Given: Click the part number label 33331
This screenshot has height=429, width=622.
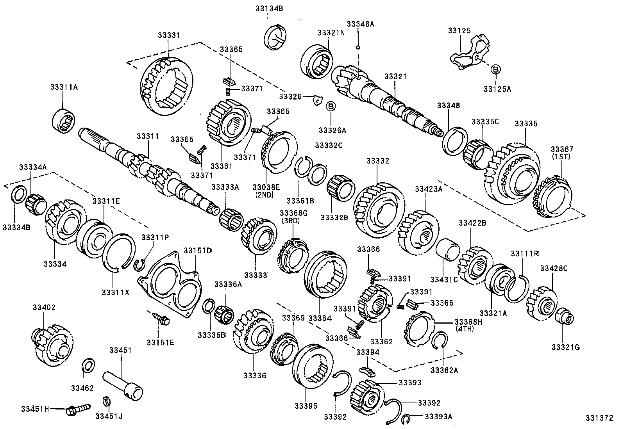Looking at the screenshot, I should coord(169,35).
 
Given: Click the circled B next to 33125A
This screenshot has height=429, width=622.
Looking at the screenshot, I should coord(495,70).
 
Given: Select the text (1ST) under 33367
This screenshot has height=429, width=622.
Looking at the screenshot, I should coord(562,157).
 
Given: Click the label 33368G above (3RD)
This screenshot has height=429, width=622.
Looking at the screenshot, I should coord(294,213).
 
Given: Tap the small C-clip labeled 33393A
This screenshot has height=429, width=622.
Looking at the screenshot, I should coord(407,417).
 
